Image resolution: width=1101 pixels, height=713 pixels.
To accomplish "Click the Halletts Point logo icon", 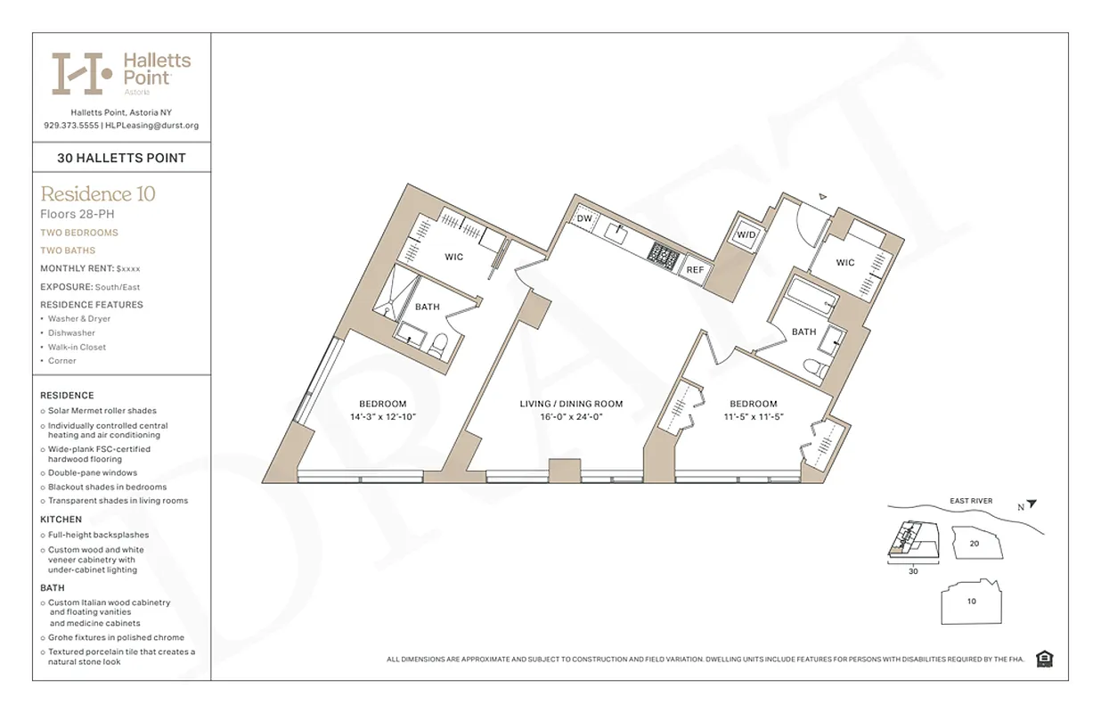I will pyautogui.click(x=82, y=73).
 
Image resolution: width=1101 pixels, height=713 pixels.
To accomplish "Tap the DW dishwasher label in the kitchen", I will pyautogui.click(x=584, y=218).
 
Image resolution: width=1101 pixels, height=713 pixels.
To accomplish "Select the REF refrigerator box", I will pyautogui.click(x=695, y=269).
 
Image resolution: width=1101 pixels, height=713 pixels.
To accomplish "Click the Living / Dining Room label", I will pyautogui.click(x=571, y=404).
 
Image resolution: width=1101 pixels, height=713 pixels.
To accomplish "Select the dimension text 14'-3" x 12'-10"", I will pyautogui.click(x=383, y=416).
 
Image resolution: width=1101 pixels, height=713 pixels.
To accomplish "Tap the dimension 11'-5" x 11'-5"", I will pyautogui.click(x=753, y=416).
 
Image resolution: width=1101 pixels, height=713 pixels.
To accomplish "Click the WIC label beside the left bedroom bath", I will pyautogui.click(x=454, y=258).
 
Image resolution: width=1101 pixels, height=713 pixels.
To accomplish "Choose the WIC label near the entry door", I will pyautogui.click(x=845, y=262).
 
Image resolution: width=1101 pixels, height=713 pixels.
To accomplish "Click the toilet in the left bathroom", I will pyautogui.click(x=437, y=345).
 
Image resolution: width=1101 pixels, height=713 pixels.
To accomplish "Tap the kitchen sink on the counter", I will pyautogui.click(x=616, y=231).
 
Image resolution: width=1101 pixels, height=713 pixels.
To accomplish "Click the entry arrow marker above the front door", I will pyautogui.click(x=823, y=196).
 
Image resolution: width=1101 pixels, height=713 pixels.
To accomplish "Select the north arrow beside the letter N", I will pyautogui.click(x=1032, y=504).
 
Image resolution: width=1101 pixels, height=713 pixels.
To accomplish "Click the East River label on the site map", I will pyautogui.click(x=970, y=501).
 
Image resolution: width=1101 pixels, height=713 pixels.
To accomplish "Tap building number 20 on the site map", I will pyautogui.click(x=974, y=543).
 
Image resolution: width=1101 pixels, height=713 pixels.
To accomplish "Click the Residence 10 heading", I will pyautogui.click(x=98, y=193).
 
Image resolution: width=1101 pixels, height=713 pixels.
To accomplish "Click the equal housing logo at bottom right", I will pyautogui.click(x=1045, y=660).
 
